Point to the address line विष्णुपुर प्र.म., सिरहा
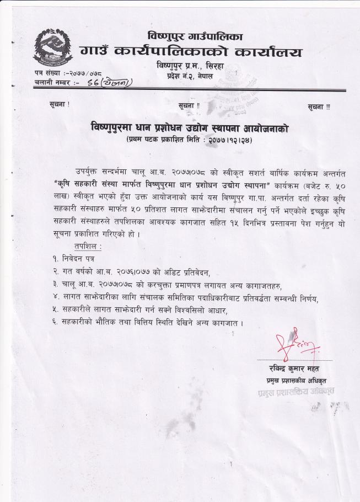pos(191,67)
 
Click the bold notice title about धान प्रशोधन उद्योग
pos(190,127)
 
